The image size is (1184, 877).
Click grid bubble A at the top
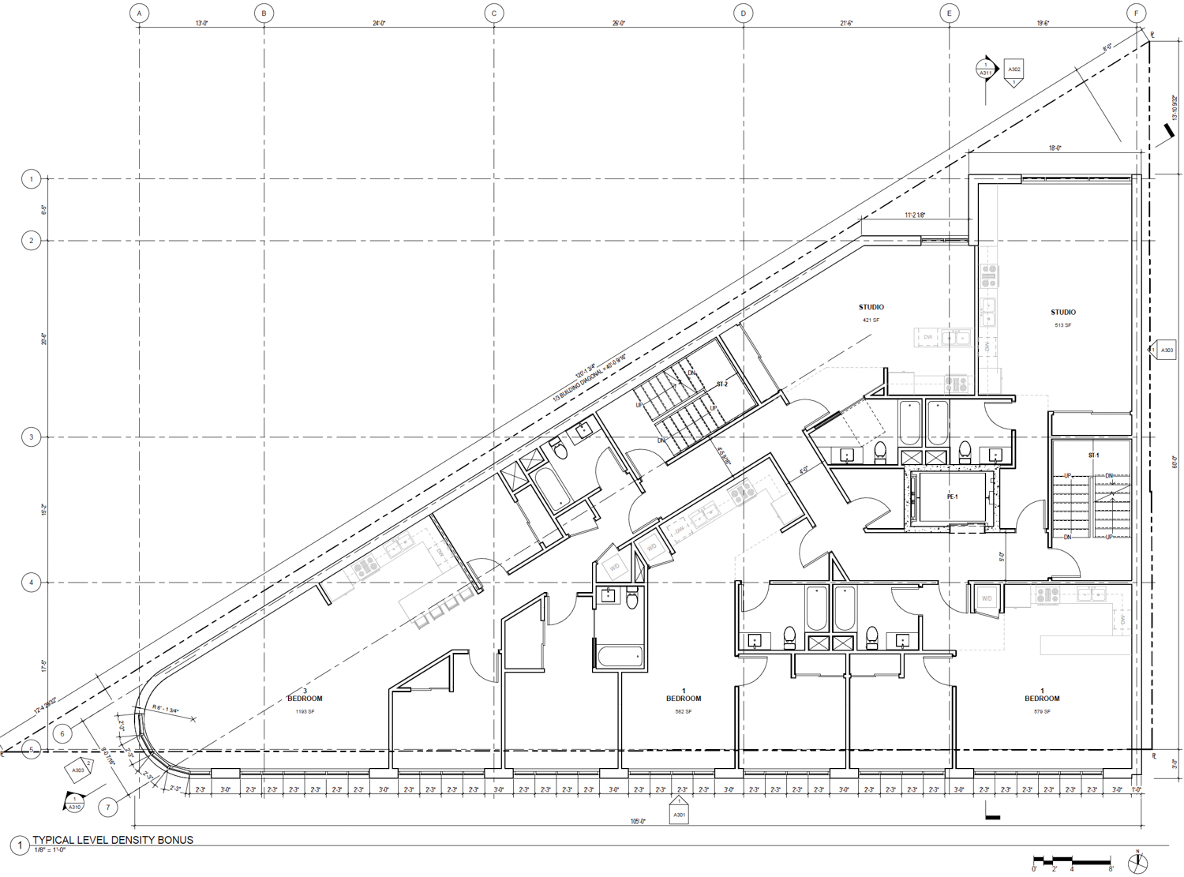click(140, 13)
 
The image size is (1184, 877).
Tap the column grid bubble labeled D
click(743, 13)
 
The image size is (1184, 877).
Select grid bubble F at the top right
click(1136, 13)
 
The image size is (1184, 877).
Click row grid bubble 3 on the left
click(32, 437)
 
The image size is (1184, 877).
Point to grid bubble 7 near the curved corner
click(108, 807)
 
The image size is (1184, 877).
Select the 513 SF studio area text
click(1062, 325)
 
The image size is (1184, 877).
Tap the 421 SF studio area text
click(871, 320)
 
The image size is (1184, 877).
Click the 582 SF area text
click(683, 712)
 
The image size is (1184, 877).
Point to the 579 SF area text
click(1042, 712)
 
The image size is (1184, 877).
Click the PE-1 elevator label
click(952, 497)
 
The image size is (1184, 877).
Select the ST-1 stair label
click(1093, 455)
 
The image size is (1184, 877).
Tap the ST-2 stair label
click(721, 384)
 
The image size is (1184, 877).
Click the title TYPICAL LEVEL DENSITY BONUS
click(113, 840)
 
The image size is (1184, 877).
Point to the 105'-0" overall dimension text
click(638, 822)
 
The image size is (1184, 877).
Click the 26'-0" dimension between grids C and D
click(618, 24)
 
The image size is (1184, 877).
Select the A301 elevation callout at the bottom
click(679, 813)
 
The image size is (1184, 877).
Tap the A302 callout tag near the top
click(1014, 70)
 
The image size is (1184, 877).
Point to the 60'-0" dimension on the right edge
click(1175, 462)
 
